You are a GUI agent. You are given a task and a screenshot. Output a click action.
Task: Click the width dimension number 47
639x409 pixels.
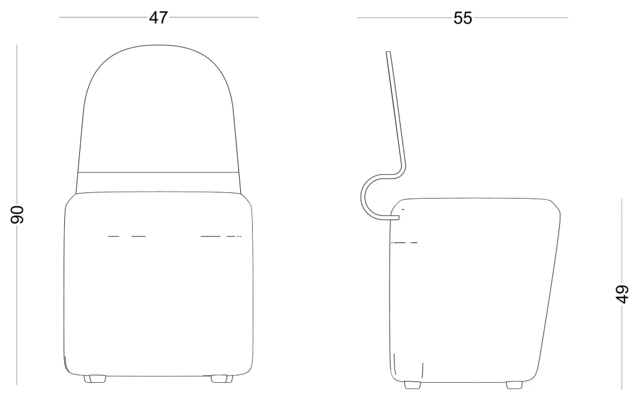158,17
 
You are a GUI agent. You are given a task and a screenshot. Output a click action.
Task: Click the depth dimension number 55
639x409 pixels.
462,18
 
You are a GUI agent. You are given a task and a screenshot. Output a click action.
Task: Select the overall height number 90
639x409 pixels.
17,214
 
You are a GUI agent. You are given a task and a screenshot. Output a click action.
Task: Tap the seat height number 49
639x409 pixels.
622,293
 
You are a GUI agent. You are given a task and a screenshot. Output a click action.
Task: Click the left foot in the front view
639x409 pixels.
95,379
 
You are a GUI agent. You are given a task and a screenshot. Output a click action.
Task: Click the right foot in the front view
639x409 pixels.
222,379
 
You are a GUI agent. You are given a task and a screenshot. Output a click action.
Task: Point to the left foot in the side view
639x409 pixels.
412,385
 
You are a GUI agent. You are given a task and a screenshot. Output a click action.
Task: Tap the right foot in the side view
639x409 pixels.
514,385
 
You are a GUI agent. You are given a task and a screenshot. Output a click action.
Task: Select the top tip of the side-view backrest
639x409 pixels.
388,52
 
